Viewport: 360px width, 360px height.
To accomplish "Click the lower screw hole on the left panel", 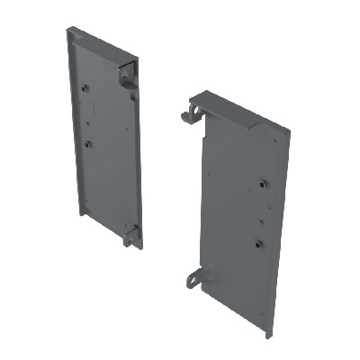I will [x=88, y=142].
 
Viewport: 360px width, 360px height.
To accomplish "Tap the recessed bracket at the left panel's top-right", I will [x=126, y=74].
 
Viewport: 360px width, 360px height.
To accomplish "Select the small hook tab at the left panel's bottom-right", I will [x=132, y=236].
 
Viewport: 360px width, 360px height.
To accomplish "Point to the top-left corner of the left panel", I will [x=68, y=28].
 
